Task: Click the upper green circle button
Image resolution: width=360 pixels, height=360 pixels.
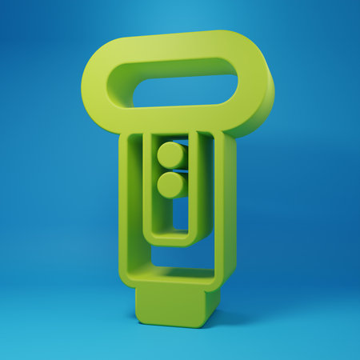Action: coord(170,154)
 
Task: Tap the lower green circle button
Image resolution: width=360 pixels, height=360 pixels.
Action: coord(170,185)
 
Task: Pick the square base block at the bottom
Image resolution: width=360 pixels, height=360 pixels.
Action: coord(174,304)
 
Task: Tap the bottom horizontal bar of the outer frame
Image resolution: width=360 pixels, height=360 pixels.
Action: coord(172,277)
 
